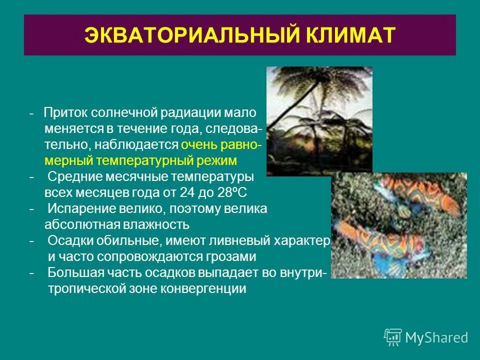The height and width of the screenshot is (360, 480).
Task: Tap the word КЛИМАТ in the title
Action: (x=341, y=35)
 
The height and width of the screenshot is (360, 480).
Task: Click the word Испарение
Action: (x=80, y=209)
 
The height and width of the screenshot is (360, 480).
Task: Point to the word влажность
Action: (x=158, y=225)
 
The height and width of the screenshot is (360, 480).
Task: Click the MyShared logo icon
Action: (x=393, y=337)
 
